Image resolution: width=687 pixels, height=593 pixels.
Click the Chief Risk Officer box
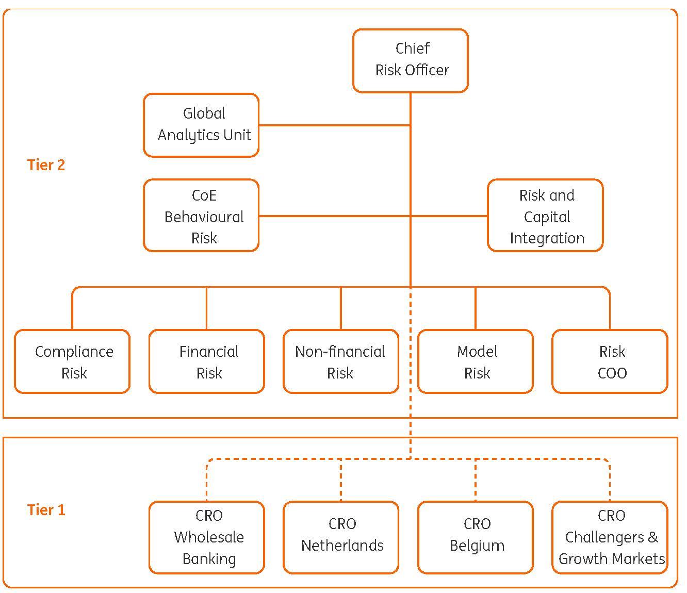(x=411, y=60)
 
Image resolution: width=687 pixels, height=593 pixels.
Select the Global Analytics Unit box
(x=201, y=125)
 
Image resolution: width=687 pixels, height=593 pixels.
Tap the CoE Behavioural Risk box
(x=201, y=216)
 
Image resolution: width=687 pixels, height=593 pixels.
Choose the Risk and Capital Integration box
(x=545, y=216)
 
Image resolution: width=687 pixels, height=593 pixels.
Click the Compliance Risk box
(x=72, y=361)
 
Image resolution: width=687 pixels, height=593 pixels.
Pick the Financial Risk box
(x=207, y=361)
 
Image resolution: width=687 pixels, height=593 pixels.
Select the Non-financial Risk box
(x=341, y=361)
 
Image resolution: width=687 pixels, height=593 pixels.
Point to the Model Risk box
(x=476, y=361)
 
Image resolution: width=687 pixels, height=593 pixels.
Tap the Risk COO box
(x=610, y=361)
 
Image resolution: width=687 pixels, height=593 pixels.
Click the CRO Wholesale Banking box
(x=207, y=537)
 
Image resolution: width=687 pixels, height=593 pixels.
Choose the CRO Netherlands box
(x=341, y=537)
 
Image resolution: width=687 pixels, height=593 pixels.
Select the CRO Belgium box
(x=476, y=537)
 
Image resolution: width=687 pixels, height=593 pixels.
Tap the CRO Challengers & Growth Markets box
(x=610, y=537)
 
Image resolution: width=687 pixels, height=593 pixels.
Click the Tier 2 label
(x=46, y=165)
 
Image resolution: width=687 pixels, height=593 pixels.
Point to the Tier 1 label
(x=46, y=510)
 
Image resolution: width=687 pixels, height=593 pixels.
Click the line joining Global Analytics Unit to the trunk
(x=334, y=125)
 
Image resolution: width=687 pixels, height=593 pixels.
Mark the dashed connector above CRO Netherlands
(x=341, y=480)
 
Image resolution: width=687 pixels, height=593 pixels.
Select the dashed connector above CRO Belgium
(x=476, y=480)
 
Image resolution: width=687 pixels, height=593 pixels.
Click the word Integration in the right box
(x=547, y=238)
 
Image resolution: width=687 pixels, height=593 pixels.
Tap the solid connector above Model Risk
(x=476, y=308)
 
